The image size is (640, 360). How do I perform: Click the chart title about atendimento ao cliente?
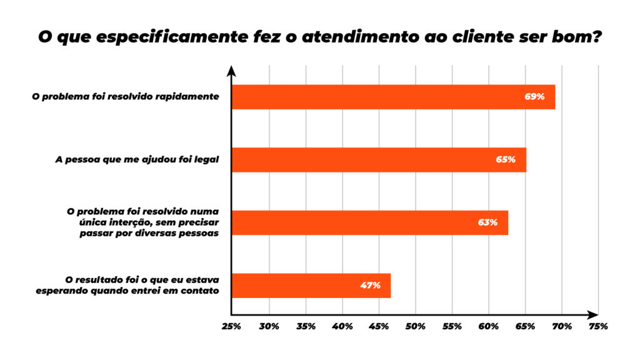click(x=320, y=36)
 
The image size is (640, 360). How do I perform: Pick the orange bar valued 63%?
click(x=369, y=222)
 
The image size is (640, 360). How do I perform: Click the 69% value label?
click(x=535, y=97)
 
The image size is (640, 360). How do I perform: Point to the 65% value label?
click(x=506, y=159)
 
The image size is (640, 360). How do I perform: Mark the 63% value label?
click(x=487, y=222)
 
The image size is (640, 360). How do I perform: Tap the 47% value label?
click(x=370, y=286)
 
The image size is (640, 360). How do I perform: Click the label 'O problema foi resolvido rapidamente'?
click(x=126, y=97)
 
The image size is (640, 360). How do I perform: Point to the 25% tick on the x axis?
click(x=232, y=326)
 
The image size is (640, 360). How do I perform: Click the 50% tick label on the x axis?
click(x=415, y=326)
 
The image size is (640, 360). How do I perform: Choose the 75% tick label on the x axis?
click(x=598, y=326)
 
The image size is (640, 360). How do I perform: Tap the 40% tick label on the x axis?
click(x=342, y=326)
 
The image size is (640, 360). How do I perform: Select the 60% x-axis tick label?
click(x=488, y=326)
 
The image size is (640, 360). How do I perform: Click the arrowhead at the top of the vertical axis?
click(x=231, y=69)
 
